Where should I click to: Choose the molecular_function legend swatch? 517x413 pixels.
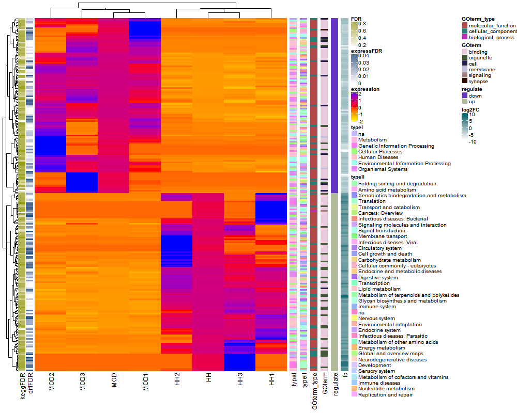pyautogui.click(x=465, y=25)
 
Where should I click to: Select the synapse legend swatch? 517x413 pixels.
pyautogui.click(x=465, y=82)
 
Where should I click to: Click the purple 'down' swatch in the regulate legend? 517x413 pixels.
pyautogui.click(x=465, y=96)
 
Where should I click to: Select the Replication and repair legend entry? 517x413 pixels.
pyautogui.click(x=385, y=395)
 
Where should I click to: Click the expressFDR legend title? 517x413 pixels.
pyautogui.click(x=366, y=51)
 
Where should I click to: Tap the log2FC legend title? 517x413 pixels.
pyautogui.click(x=473, y=110)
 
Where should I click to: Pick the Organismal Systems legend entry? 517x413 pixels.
pyautogui.click(x=383, y=169)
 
